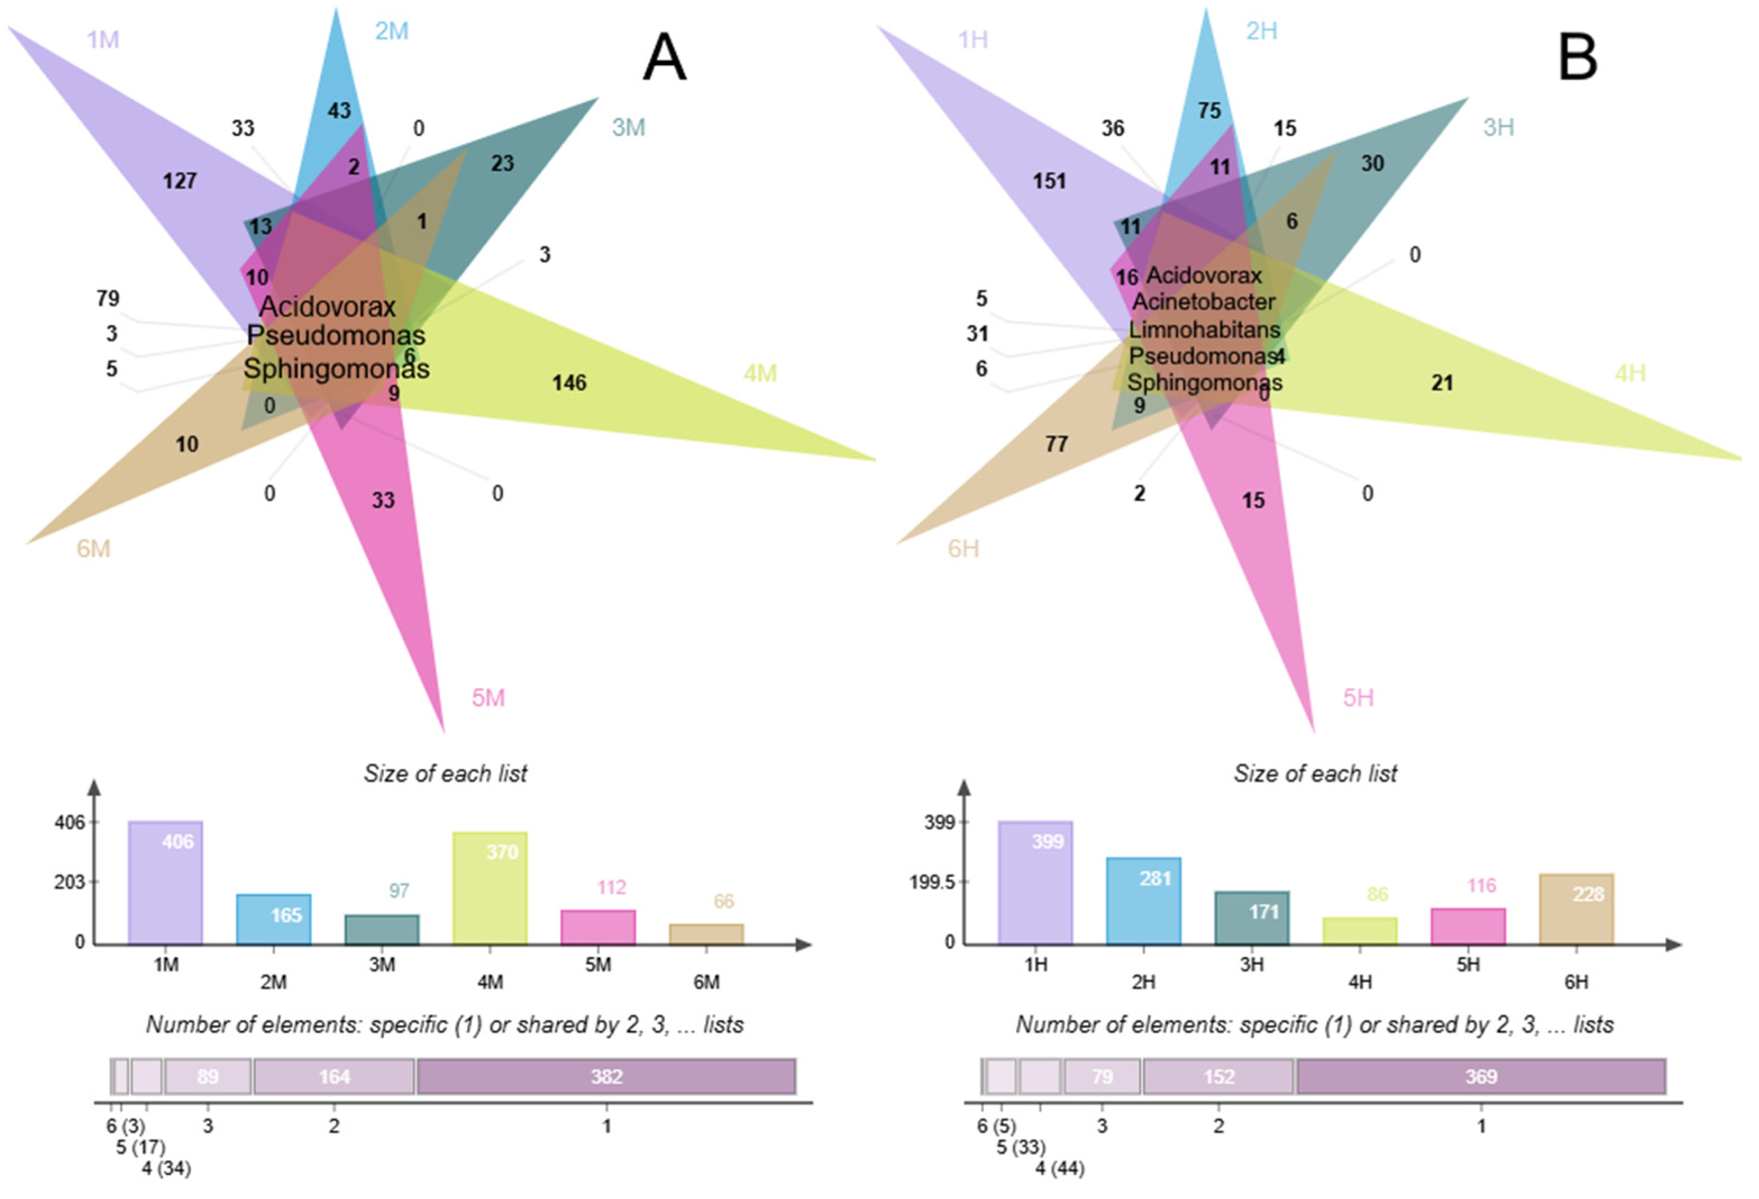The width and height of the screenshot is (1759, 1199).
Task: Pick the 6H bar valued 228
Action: click(1576, 908)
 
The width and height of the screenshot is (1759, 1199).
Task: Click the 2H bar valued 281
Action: click(1143, 900)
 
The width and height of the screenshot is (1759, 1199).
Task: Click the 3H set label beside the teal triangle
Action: click(1498, 127)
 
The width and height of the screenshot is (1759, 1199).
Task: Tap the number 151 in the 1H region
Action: click(1049, 181)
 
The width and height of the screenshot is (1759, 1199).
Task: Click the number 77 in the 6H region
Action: click(1056, 444)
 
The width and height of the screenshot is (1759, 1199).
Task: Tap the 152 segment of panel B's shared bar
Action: click(1218, 1077)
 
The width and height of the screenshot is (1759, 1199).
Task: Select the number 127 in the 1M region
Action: click(180, 181)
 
